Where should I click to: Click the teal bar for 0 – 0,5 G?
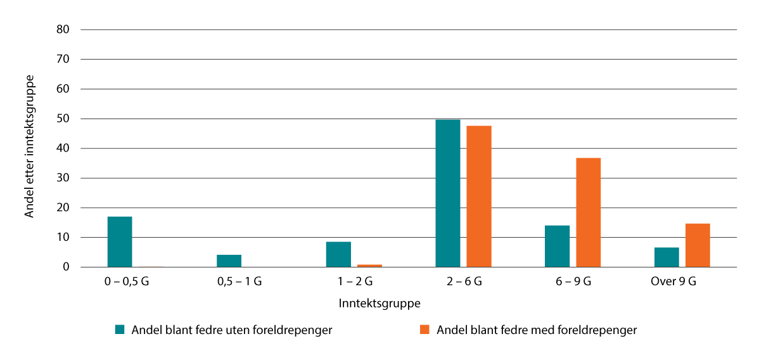click(120, 242)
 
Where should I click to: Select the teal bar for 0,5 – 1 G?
click(229, 261)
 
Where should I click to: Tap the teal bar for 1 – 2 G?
click(338, 255)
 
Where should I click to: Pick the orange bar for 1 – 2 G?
click(369, 266)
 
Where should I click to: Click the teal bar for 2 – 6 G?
click(448, 193)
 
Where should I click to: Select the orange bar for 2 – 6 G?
click(479, 196)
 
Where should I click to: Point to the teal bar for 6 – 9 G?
click(557, 247)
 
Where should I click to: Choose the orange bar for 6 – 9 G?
click(588, 212)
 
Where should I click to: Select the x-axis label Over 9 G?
click(673, 282)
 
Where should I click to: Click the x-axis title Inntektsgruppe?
click(379, 304)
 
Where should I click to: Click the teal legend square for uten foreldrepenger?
click(119, 330)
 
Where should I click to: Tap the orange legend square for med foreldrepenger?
click(424, 330)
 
